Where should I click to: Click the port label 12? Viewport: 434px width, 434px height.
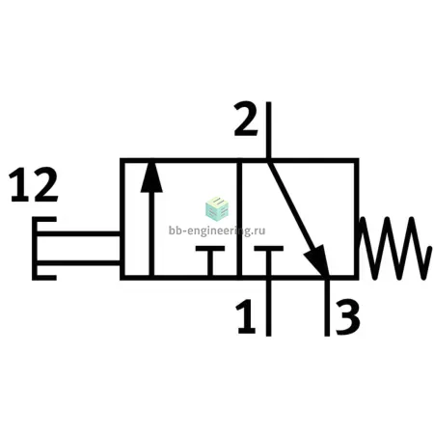click(x=34, y=185)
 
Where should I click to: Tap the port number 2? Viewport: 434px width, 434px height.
click(x=246, y=119)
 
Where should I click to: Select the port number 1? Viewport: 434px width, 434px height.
click(x=247, y=316)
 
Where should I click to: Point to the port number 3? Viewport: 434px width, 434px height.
click(x=347, y=316)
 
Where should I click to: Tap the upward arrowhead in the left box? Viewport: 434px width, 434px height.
click(x=151, y=177)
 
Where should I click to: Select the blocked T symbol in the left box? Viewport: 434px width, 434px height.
click(x=210, y=261)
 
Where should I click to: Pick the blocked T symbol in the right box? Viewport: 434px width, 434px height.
click(x=268, y=261)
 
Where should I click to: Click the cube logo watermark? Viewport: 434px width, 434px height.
click(x=217, y=208)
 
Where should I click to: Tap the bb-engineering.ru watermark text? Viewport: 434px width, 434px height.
click(x=217, y=231)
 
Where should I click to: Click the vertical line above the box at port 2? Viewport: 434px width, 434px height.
click(x=269, y=130)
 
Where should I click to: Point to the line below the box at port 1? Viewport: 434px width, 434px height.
click(x=268, y=308)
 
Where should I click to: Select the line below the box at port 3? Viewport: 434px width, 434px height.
click(x=327, y=308)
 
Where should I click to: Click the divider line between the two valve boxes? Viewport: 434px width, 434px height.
click(x=239, y=219)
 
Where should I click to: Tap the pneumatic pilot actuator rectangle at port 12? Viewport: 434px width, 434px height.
click(x=78, y=248)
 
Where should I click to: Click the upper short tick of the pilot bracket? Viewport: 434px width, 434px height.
click(x=44, y=220)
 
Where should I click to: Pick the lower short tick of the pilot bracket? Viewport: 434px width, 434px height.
click(x=44, y=277)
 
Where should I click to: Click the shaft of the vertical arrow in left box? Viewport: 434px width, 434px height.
click(x=151, y=234)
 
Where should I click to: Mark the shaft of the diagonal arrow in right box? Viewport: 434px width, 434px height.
click(x=291, y=206)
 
